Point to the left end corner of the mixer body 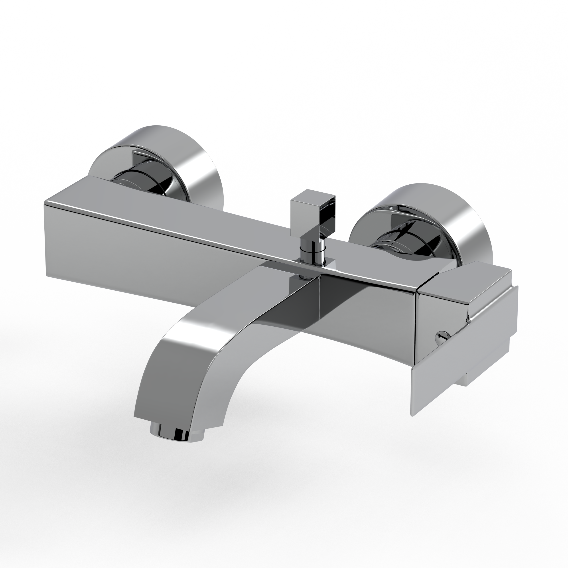click(x=45, y=203)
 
